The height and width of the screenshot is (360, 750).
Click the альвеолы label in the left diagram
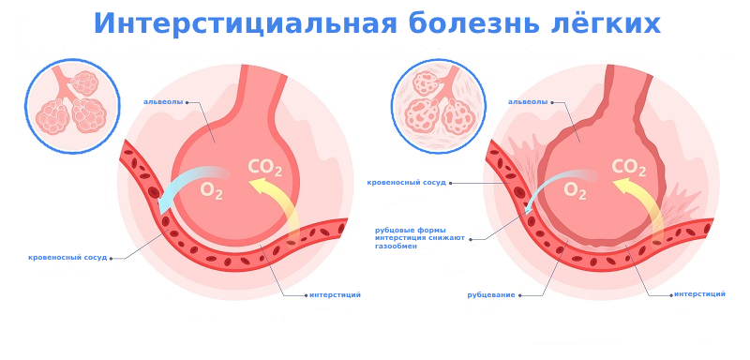tap(163, 101)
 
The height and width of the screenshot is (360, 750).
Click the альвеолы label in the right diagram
tap(528, 101)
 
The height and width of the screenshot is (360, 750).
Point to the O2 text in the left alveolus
tap(212, 190)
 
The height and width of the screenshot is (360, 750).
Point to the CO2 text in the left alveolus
tap(264, 168)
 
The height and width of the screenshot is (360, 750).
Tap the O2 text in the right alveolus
tap(575, 190)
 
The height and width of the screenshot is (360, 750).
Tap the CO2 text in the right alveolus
tap(628, 168)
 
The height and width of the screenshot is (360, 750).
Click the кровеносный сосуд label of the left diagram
tap(67, 257)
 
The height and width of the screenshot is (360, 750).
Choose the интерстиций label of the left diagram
tap(335, 294)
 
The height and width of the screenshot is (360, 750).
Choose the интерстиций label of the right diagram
tap(699, 293)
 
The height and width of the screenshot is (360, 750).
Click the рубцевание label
tap(491, 294)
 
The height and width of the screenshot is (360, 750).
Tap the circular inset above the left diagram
tap(71, 105)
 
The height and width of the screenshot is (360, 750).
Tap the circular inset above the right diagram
tap(438, 105)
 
